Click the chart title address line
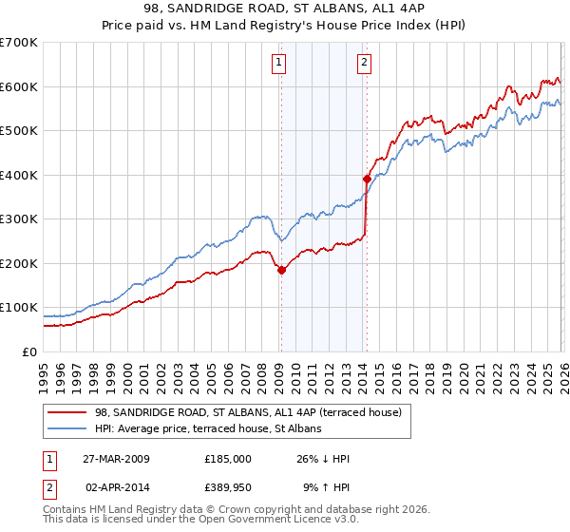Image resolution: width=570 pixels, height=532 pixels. click(284, 9)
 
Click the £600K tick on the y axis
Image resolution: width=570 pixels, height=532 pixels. click(19, 86)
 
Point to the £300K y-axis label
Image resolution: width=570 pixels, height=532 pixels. click(19, 219)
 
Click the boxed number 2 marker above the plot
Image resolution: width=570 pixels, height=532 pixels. click(365, 64)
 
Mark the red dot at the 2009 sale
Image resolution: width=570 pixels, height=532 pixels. click(281, 270)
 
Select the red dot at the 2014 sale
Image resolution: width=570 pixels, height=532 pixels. click(366, 179)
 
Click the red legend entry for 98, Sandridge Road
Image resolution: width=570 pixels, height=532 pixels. click(248, 412)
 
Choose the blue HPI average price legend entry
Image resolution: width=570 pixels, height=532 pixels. click(208, 428)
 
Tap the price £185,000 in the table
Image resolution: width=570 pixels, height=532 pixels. click(227, 459)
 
